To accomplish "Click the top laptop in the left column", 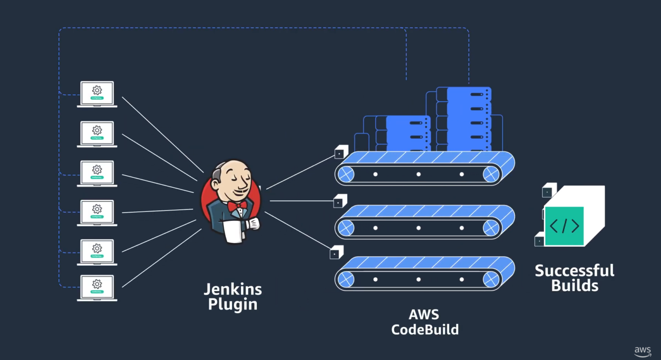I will (97, 93).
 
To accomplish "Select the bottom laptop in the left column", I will (97, 287).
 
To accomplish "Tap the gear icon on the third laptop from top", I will (97, 170).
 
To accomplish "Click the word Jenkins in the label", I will (233, 289).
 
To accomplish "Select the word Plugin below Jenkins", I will (233, 304).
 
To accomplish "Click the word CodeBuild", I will (425, 330).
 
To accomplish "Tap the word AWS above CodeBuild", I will (424, 314).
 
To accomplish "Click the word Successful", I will (575, 270).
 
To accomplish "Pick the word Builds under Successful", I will (575, 286).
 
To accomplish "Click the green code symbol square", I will (564, 226).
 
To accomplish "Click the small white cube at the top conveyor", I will (340, 152).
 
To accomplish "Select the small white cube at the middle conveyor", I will (340, 201).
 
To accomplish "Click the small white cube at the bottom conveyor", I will (336, 253).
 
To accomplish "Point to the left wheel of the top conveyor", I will (346, 174).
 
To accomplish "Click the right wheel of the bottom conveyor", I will (491, 279).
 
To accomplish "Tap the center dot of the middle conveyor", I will (418, 228).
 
